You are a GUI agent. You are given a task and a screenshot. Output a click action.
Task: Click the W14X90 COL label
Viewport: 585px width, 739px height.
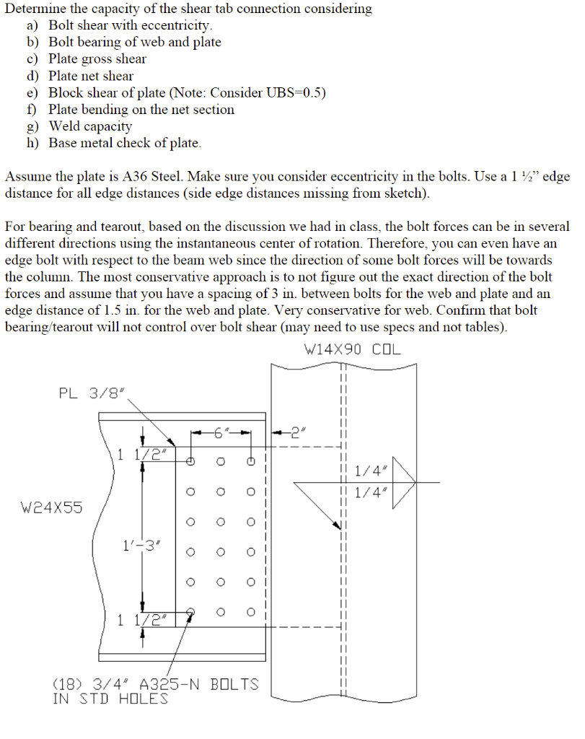(x=353, y=350)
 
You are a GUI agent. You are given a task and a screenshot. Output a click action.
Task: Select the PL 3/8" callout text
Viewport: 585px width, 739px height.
(x=92, y=393)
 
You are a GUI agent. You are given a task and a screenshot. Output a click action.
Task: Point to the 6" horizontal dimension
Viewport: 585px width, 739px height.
(x=221, y=433)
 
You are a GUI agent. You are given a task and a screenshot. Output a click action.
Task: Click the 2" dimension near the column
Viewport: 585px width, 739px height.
(x=297, y=433)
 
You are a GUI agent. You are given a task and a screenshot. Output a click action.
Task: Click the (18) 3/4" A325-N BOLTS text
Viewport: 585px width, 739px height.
(x=156, y=683)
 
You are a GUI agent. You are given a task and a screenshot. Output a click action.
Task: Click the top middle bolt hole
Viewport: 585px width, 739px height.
(x=221, y=461)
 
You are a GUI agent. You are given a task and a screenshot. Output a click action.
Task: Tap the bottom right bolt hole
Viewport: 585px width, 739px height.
(x=251, y=612)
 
